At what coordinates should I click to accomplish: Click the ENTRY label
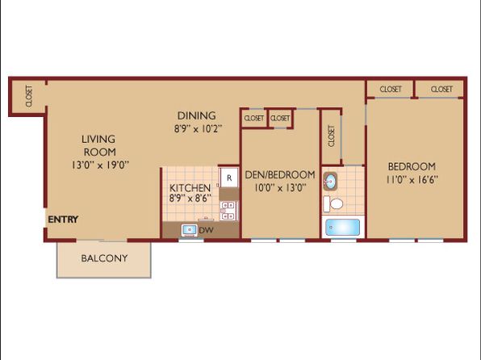(63, 220)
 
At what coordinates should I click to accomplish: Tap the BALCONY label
(104, 258)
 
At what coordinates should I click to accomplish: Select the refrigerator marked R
(229, 178)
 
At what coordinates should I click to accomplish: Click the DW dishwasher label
(206, 230)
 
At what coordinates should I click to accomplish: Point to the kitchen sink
(190, 230)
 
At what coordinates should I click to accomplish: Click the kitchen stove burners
(228, 211)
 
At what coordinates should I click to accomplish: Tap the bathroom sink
(330, 182)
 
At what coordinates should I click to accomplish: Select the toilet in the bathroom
(333, 203)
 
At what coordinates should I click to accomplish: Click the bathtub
(343, 228)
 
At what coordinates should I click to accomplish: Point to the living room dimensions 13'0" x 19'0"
(100, 165)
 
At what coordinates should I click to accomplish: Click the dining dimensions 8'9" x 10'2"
(198, 128)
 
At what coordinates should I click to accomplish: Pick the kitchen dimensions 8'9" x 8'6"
(190, 198)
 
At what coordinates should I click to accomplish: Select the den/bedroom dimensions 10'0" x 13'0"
(280, 187)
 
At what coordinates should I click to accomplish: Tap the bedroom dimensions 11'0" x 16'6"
(412, 179)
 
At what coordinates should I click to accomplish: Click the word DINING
(197, 115)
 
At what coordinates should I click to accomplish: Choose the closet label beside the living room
(29, 96)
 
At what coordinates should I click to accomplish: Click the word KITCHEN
(190, 188)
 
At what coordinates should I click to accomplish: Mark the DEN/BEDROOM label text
(280, 174)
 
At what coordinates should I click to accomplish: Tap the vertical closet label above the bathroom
(331, 136)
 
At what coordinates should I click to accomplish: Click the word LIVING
(98, 140)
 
